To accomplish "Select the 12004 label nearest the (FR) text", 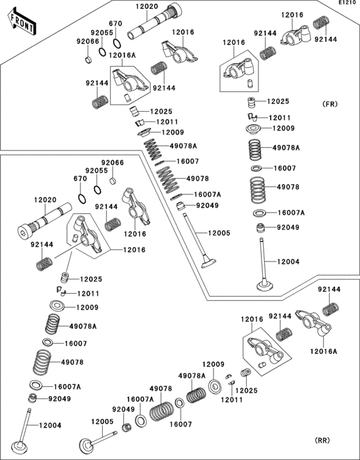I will (x=287, y=261).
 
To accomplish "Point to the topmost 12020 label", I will (x=146, y=6).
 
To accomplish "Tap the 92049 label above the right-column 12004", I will (x=288, y=227).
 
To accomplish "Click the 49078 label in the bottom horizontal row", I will (x=160, y=389).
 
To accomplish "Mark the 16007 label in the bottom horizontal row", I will (x=180, y=424).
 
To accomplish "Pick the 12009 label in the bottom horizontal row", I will (x=213, y=364).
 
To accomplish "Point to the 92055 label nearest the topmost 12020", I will (x=101, y=31).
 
